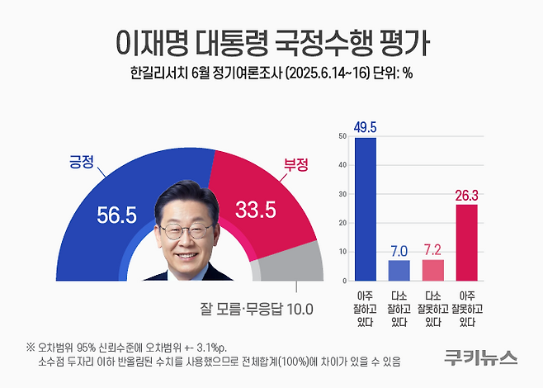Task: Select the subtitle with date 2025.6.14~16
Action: point(271,74)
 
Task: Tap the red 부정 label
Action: point(295,164)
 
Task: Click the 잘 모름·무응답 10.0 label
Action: point(257,310)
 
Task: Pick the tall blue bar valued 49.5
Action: point(364,207)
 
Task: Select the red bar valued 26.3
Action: point(467,240)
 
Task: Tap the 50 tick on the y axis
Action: point(342,136)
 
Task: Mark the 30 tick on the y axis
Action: point(342,193)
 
